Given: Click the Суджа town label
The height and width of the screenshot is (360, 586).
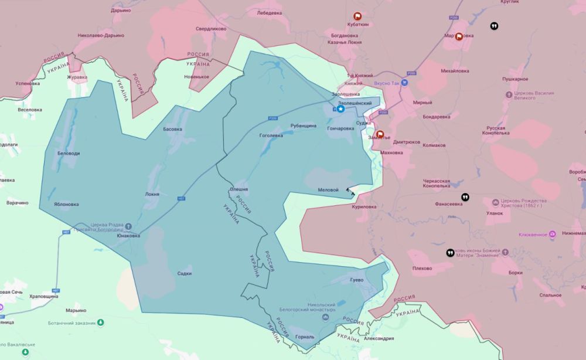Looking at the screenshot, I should [363, 123].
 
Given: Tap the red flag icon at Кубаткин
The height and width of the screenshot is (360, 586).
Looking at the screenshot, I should [357, 16].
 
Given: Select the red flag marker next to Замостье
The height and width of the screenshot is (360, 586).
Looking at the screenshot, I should [380, 134].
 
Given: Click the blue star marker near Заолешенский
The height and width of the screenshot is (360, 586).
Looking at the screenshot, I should [340, 108].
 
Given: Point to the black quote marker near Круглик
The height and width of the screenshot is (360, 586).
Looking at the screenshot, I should [494, 26].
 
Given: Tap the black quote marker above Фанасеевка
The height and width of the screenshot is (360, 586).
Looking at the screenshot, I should [465, 197].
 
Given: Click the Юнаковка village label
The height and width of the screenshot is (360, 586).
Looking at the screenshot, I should [128, 236].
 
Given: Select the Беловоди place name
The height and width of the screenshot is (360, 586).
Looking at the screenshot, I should [68, 153].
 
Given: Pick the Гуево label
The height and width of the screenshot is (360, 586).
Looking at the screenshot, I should [356, 280].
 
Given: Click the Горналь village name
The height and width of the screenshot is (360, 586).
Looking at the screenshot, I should [305, 337].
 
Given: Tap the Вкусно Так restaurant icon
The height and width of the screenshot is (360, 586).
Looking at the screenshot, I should [404, 83].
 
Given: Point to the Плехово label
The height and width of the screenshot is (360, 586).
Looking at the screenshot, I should [422, 269].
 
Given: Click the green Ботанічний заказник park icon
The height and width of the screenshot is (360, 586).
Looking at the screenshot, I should [101, 322].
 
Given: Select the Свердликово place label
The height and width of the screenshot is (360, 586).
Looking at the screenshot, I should [210, 28].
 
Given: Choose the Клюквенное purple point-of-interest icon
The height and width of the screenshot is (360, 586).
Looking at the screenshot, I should [552, 235].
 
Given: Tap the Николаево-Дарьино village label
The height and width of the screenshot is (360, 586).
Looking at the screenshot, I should [101, 35].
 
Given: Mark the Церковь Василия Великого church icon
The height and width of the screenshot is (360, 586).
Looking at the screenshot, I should [507, 94].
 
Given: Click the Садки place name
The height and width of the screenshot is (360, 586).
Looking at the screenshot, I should [185, 273].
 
